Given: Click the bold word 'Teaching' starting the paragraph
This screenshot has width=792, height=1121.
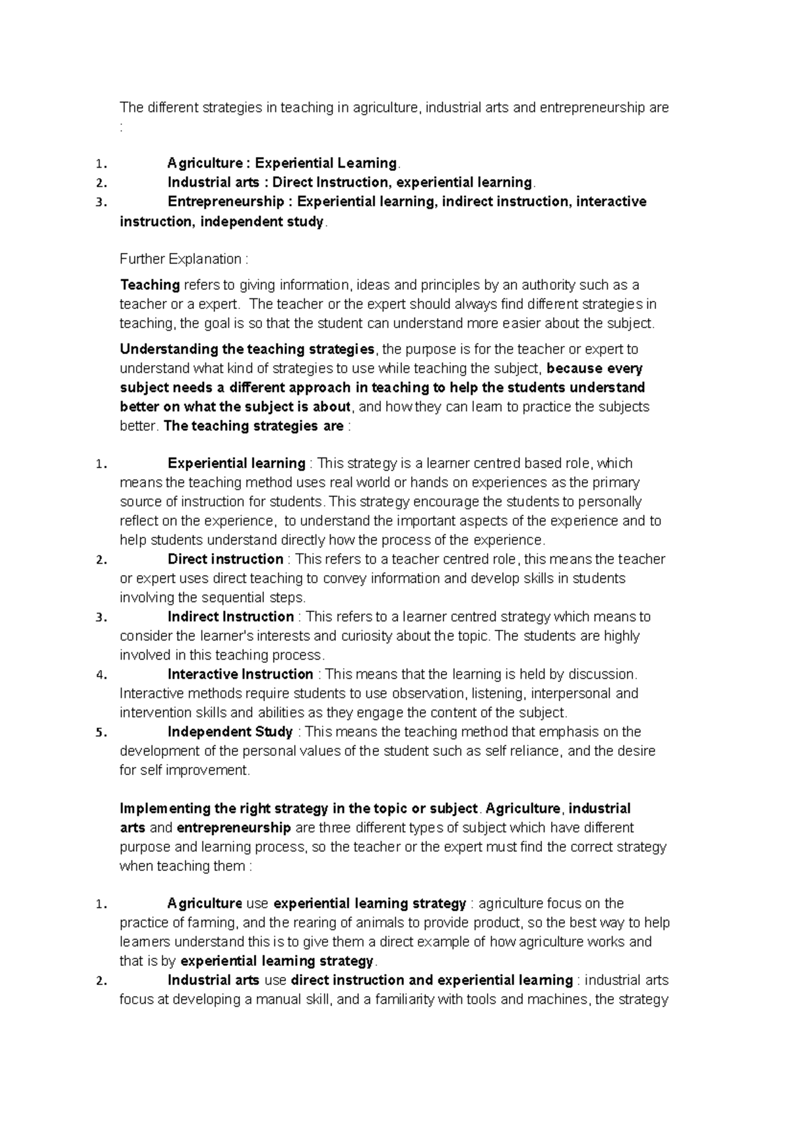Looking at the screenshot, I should (150, 285).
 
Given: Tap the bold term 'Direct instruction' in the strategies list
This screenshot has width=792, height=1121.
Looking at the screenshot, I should (225, 559).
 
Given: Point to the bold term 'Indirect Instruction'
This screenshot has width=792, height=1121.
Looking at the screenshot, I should (230, 617).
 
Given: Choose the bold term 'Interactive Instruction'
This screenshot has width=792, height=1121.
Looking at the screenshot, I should (240, 674).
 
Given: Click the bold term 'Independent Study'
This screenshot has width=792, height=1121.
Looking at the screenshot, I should (230, 731).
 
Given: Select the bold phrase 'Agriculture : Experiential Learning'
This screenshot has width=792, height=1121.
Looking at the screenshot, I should (282, 162).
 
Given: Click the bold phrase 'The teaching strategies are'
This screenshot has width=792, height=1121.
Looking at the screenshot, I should (253, 426).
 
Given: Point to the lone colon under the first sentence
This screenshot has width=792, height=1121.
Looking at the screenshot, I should (121, 127).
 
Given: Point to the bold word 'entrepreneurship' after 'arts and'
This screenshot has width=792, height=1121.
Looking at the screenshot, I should (234, 827).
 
